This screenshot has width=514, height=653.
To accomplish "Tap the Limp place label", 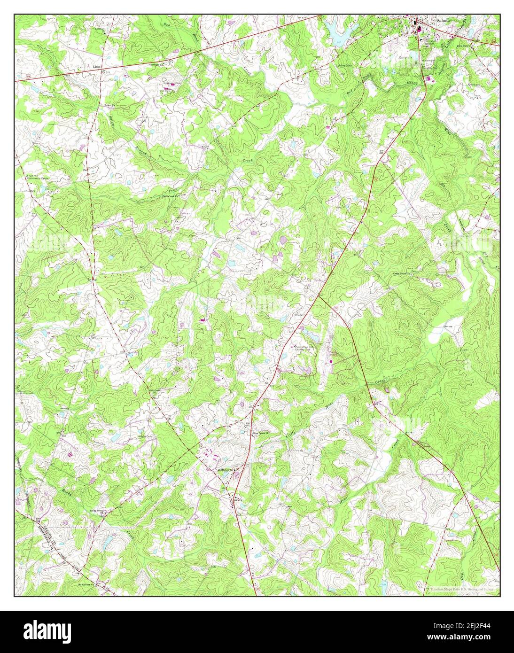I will [x=97, y=67].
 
